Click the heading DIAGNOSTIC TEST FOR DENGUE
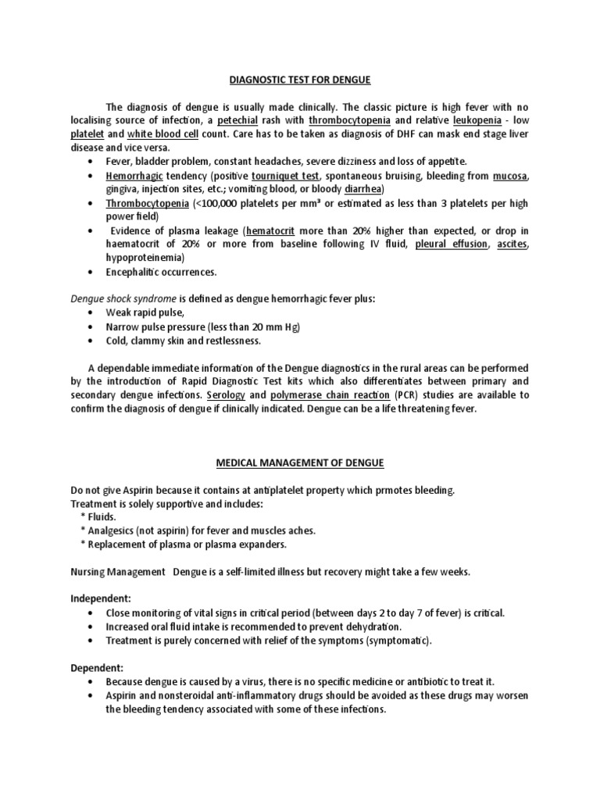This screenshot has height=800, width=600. click(300, 79)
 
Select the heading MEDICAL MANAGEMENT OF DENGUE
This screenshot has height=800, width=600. click(300, 463)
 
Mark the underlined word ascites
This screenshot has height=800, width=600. click(512, 244)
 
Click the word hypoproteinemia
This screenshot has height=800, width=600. click(145, 257)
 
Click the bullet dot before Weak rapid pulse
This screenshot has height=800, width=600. click(95, 313)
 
